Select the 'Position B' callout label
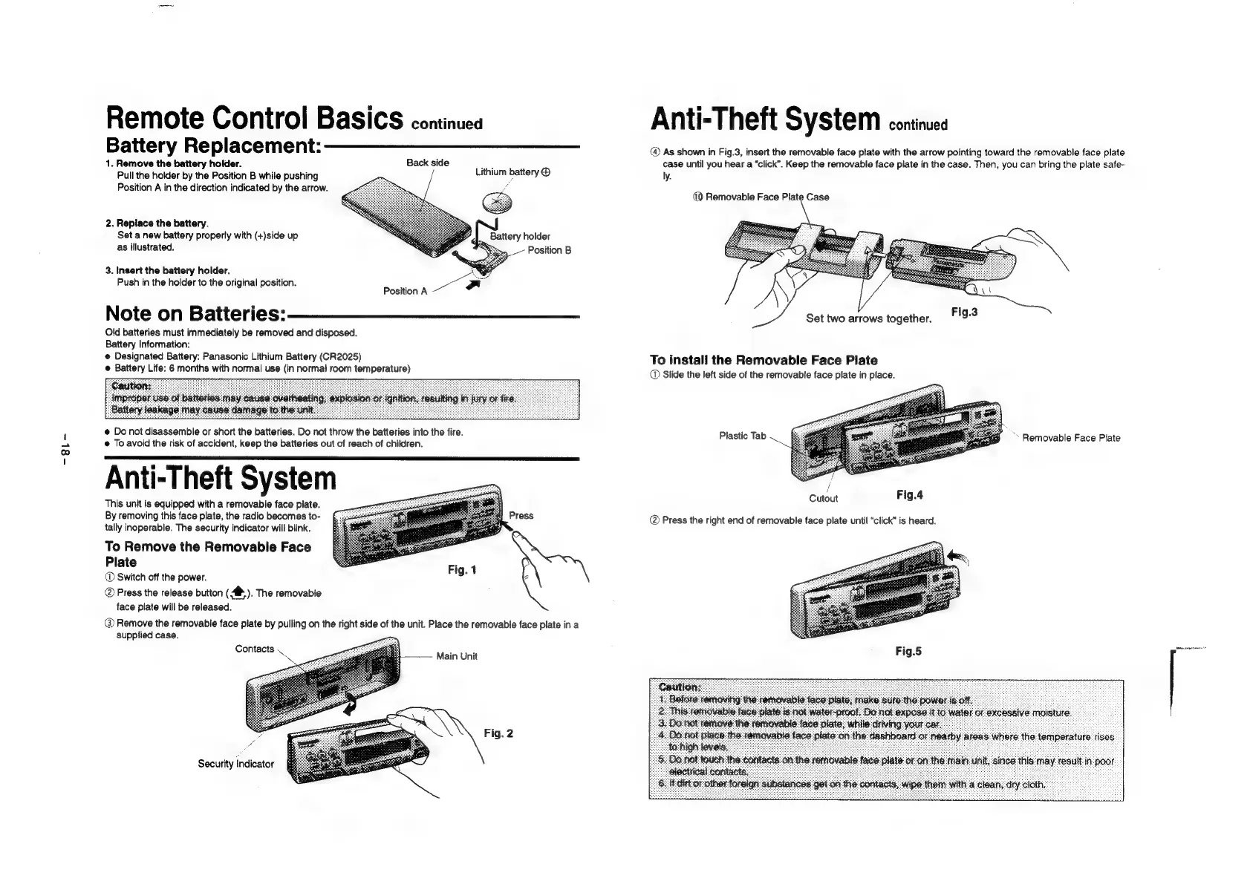pyautogui.click(x=549, y=250)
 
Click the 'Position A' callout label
pyautogui.click(x=405, y=291)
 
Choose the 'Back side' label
pyautogui.click(x=427, y=163)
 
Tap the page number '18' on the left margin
pyautogui.click(x=65, y=449)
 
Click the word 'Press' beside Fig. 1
pyautogui.click(x=521, y=515)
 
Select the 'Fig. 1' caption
pyautogui.click(x=462, y=570)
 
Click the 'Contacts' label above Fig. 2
pyautogui.click(x=254, y=649)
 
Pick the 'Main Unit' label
pyautogui.click(x=457, y=656)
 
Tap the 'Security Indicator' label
pyautogui.click(x=235, y=764)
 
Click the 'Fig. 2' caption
pyautogui.click(x=498, y=733)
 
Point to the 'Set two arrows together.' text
pyautogui.click(x=868, y=318)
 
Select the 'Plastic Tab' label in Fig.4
pyautogui.click(x=742, y=436)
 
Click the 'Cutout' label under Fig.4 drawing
pyautogui.click(x=823, y=498)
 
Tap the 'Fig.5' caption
pyautogui.click(x=908, y=651)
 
